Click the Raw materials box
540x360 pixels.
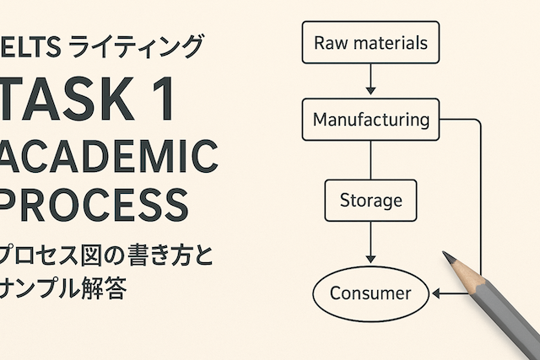[x=370, y=42]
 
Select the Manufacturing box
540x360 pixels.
[x=370, y=120]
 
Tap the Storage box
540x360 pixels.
[x=370, y=201]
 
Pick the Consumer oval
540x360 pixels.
[x=370, y=293]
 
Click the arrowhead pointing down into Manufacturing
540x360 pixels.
[x=370, y=92]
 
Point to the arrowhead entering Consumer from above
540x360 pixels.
[x=370, y=258]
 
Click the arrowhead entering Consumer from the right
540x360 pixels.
[x=436, y=293]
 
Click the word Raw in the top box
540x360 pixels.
[x=327, y=42]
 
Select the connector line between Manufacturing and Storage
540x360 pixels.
[x=370, y=160]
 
